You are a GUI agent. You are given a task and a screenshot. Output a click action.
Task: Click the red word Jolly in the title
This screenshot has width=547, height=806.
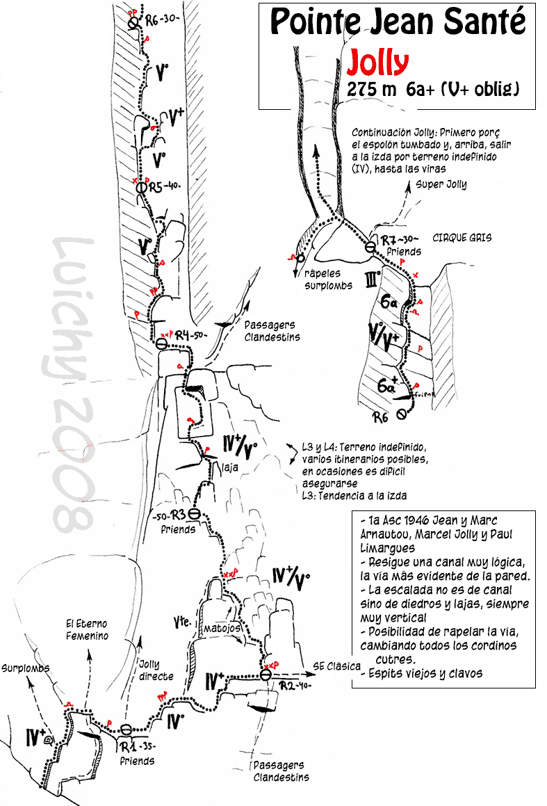coord(378,63)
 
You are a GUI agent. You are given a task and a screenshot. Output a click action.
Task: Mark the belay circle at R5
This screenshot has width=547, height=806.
coord(142,187)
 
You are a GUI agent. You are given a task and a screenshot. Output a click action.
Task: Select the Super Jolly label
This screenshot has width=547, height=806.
coord(441,184)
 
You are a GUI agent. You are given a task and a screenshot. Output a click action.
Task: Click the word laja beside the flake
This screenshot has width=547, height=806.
coord(230,468)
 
